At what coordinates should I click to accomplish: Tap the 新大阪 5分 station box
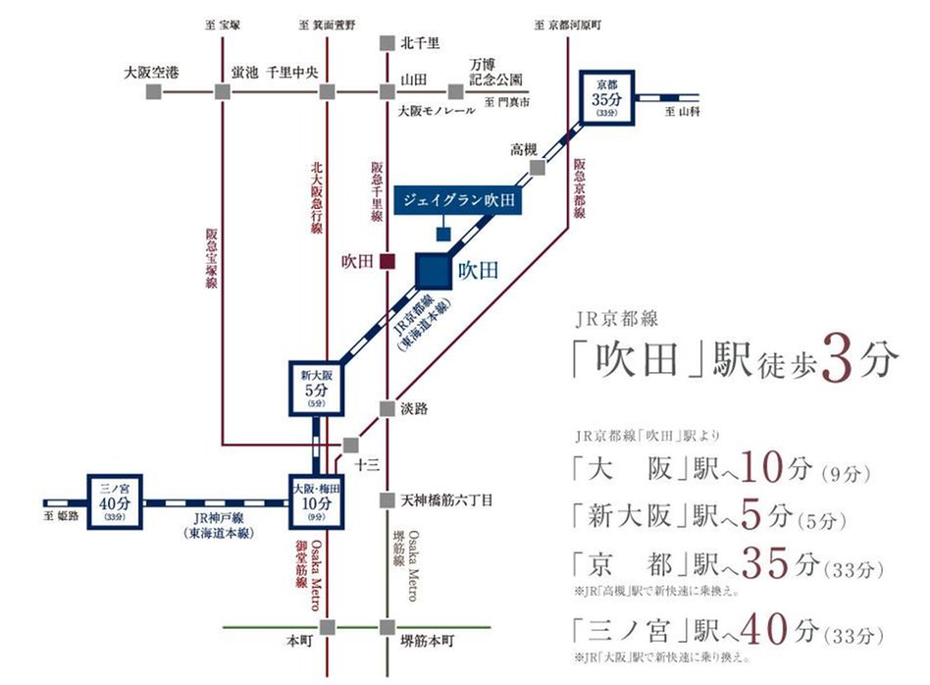click(315, 386)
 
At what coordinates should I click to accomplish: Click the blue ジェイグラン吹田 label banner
click(457, 200)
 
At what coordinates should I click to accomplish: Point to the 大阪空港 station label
click(151, 72)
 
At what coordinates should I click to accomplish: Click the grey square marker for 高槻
click(537, 168)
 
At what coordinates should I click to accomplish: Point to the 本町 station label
click(296, 641)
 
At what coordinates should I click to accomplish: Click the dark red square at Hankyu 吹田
click(387, 262)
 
